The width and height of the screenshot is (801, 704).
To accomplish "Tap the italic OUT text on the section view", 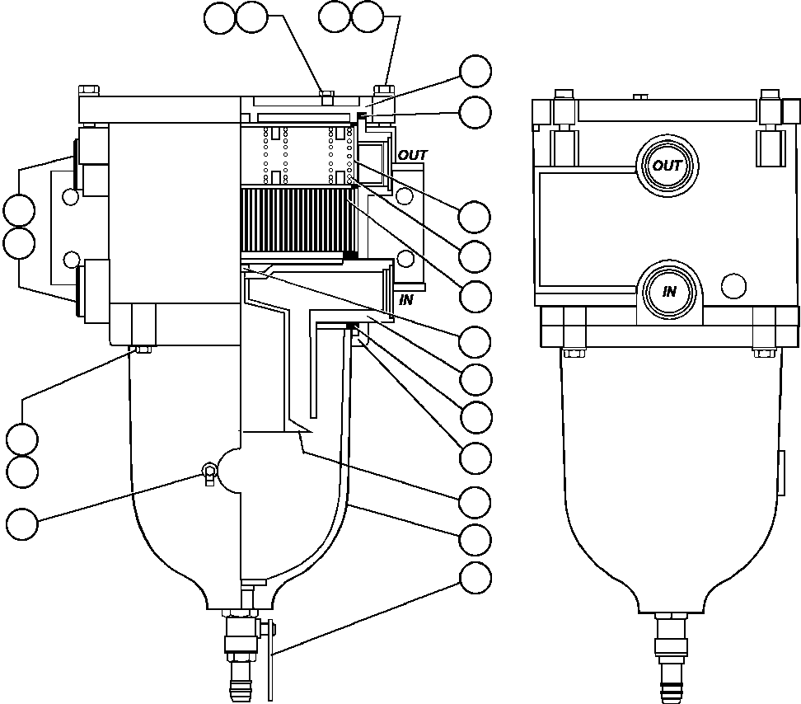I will (413, 155).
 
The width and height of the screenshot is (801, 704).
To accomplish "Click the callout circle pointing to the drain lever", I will (475, 579).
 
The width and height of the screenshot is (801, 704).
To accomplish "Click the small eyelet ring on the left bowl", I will (208, 472).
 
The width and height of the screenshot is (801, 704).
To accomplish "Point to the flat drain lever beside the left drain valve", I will (270, 659).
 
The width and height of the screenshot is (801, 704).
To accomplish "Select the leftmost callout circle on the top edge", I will (220, 18).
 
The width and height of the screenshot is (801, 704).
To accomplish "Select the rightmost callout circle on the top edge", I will (367, 16).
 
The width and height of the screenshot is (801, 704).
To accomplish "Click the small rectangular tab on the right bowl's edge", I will (780, 473).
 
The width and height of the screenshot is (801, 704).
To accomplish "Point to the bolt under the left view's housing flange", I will (142, 350).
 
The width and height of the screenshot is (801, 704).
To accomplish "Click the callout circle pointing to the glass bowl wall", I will (475, 540).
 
